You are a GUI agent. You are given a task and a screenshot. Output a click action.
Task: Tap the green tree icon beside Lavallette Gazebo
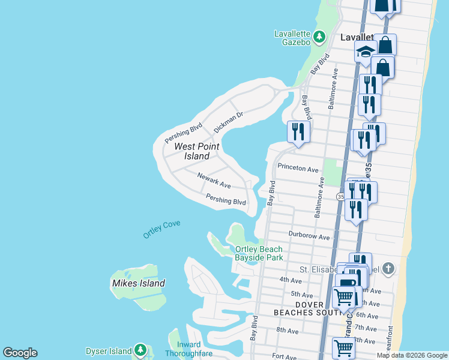coord(320,37)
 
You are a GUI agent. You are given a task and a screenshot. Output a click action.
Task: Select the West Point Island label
coord(196,151)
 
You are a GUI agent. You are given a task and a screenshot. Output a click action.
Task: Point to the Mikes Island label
coord(138,283)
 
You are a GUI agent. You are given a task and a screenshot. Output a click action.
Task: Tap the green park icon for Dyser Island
coord(140,349)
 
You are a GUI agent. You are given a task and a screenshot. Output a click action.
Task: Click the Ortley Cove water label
coord(161,230)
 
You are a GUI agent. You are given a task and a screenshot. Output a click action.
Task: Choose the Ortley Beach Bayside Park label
coord(259,253)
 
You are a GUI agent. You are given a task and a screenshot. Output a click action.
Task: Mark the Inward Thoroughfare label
coord(194,349)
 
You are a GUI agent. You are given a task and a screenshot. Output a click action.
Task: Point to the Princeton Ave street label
coord(297,170)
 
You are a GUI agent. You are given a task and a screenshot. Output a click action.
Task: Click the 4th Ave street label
coord(291,280)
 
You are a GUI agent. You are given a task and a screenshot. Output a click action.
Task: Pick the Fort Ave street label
coord(285,356)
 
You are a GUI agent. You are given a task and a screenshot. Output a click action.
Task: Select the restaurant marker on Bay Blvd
coord(298,131)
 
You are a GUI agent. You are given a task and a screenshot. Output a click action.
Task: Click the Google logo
coord(20,353)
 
